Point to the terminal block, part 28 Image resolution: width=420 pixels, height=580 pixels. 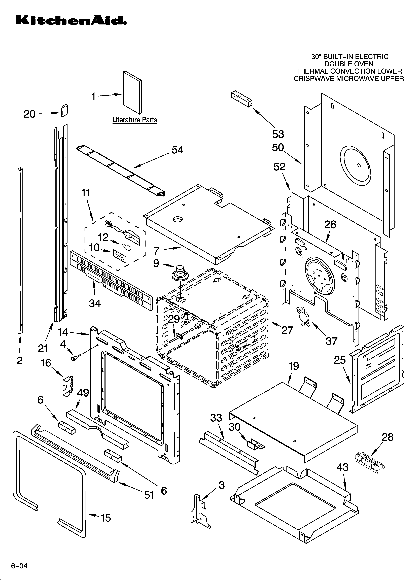click(x=369, y=462)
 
